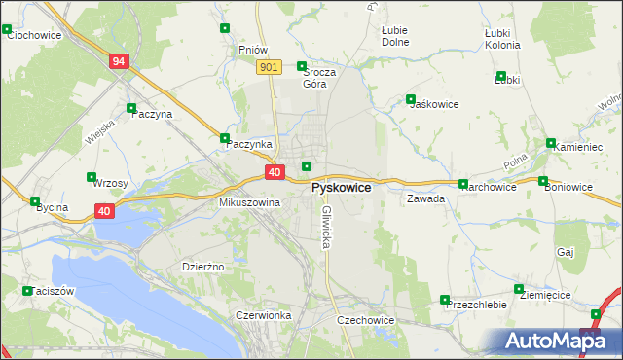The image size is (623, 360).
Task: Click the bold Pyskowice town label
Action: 341,187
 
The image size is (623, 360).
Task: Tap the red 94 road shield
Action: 119,61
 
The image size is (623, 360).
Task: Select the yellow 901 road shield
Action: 271,66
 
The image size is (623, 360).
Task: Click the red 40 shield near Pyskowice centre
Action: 275,172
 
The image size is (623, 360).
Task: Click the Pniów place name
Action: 252,49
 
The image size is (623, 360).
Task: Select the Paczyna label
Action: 151,114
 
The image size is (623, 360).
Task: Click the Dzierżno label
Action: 203,266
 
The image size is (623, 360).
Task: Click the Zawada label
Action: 426,198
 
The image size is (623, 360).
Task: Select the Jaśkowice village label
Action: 434,104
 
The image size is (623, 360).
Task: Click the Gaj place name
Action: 566,251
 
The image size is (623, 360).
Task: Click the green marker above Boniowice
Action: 543,181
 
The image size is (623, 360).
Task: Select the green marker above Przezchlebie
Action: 445,300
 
